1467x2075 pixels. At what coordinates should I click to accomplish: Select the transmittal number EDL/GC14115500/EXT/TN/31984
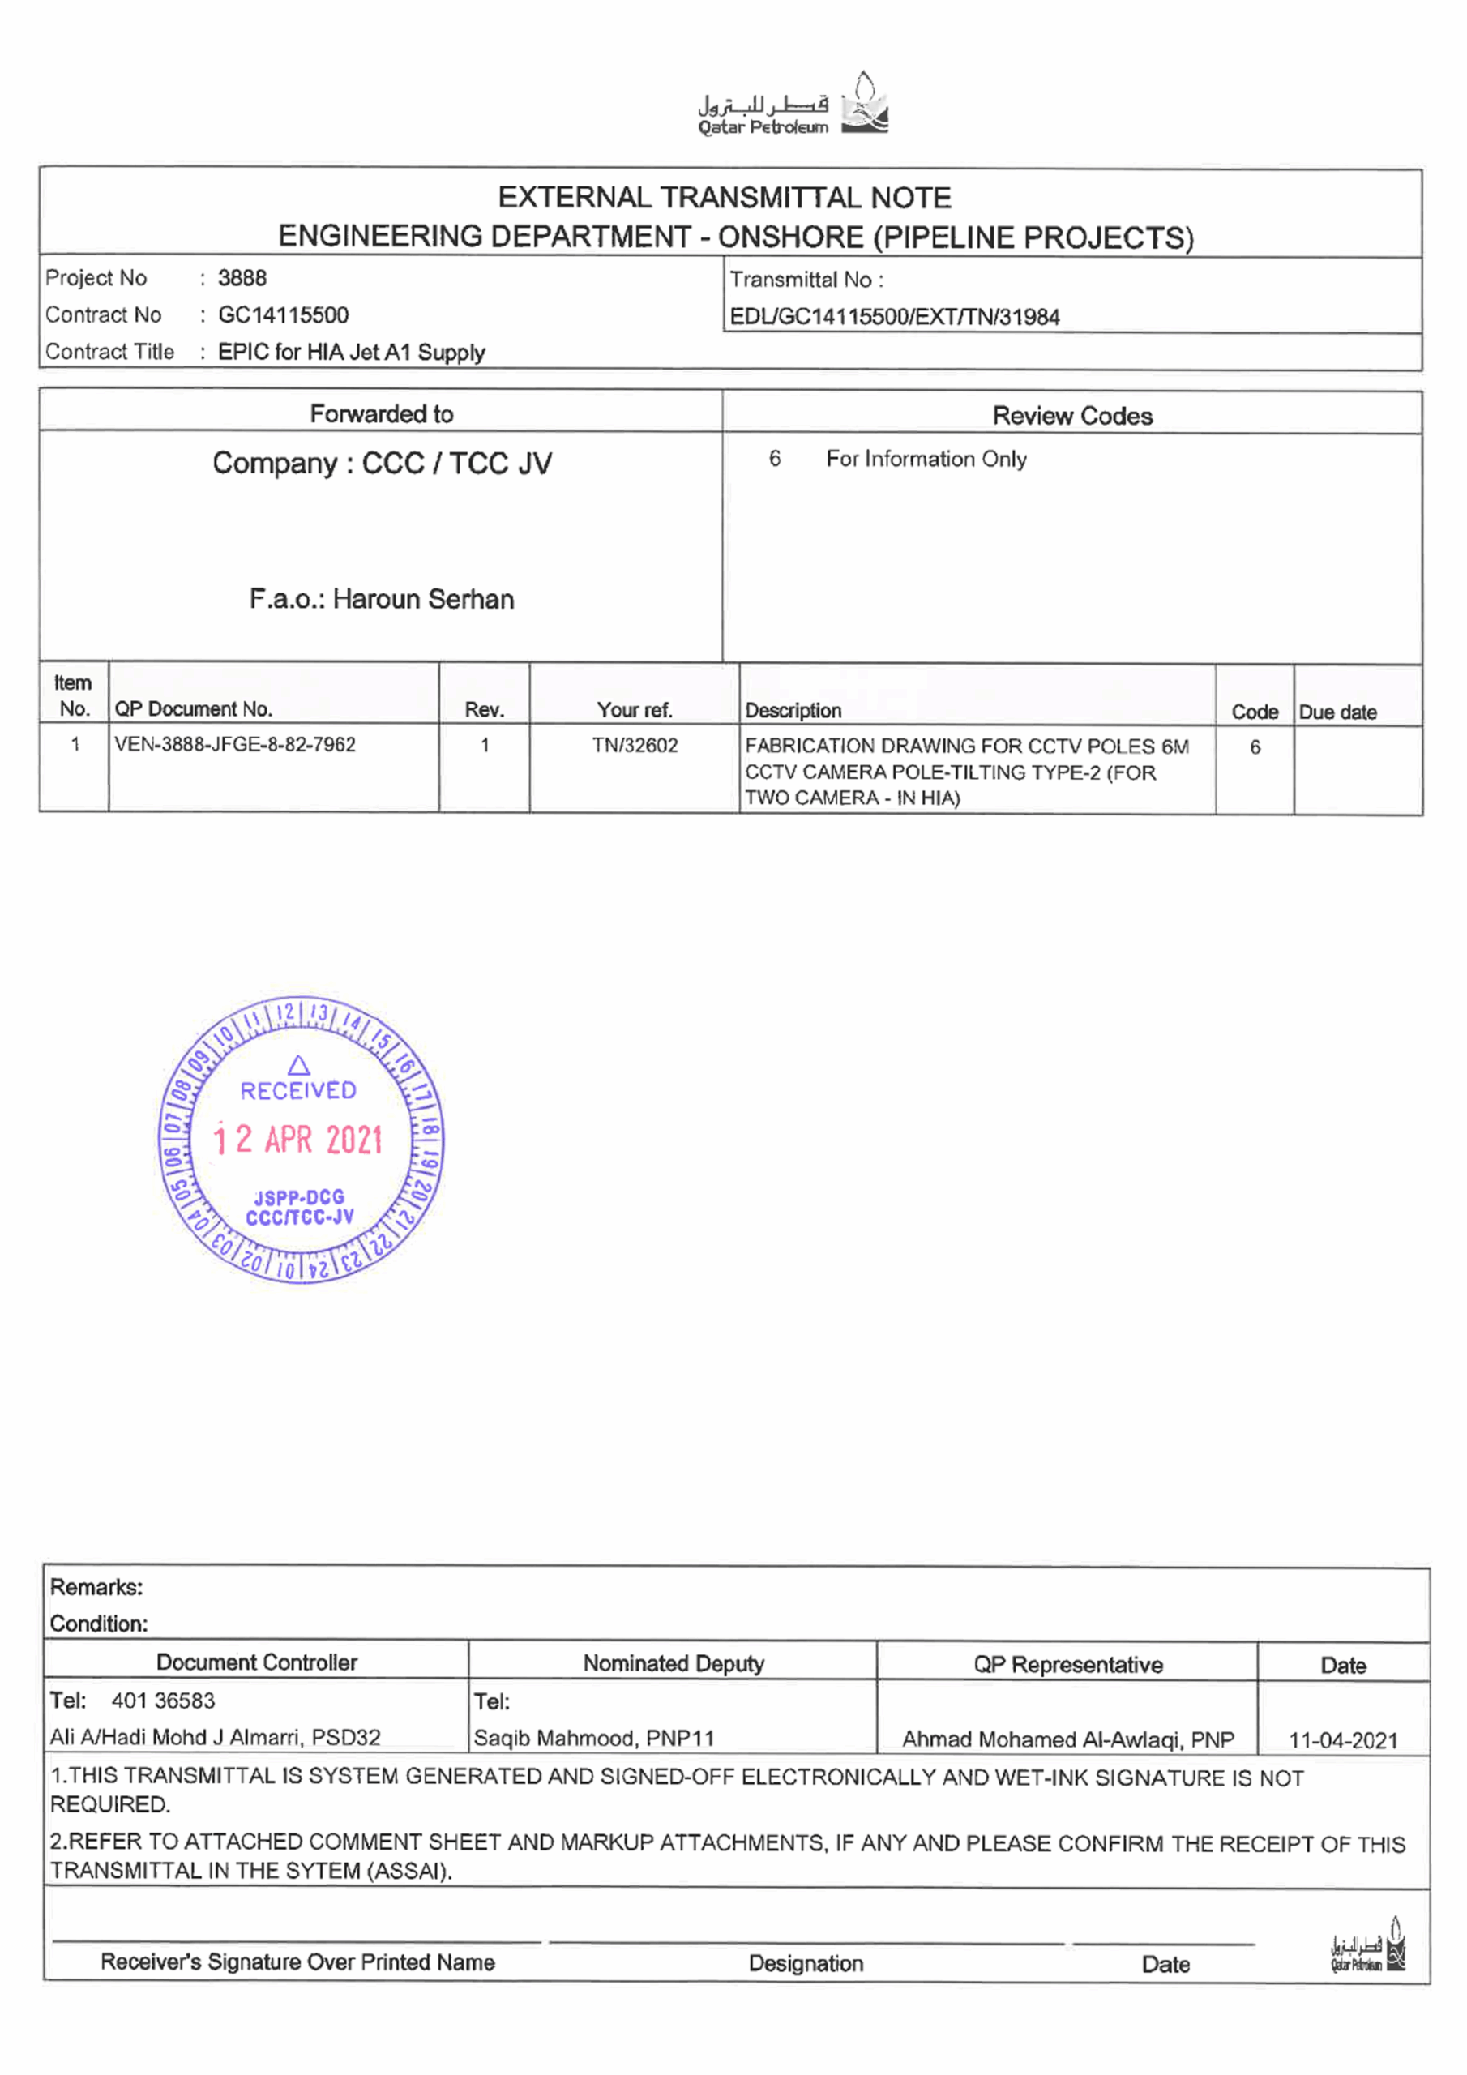tap(894, 317)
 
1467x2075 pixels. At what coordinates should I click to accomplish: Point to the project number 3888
tap(242, 278)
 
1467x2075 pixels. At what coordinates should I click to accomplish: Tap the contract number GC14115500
tap(283, 315)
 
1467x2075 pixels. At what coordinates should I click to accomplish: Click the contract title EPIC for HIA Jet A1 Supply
tap(352, 353)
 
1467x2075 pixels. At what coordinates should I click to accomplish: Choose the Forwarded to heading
tap(381, 414)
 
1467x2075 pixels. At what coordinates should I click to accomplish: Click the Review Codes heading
tap(1072, 416)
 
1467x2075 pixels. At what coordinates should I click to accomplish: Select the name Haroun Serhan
tap(423, 599)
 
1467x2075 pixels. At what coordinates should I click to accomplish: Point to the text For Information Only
tap(926, 459)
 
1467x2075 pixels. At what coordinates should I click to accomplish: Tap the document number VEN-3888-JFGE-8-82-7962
tap(235, 745)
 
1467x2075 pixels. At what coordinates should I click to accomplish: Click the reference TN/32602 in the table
tap(635, 746)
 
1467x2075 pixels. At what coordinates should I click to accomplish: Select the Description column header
tap(793, 711)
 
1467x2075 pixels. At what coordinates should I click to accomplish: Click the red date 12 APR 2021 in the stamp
tap(298, 1140)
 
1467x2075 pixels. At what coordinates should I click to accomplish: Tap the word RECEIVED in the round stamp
tap(298, 1091)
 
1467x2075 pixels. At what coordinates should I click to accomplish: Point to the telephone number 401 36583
tap(163, 1701)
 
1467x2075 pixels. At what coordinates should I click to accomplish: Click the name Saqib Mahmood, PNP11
tap(594, 1738)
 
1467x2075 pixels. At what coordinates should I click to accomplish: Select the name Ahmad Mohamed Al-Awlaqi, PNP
tap(1067, 1739)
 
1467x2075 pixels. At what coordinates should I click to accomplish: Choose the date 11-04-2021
tap(1342, 1740)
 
